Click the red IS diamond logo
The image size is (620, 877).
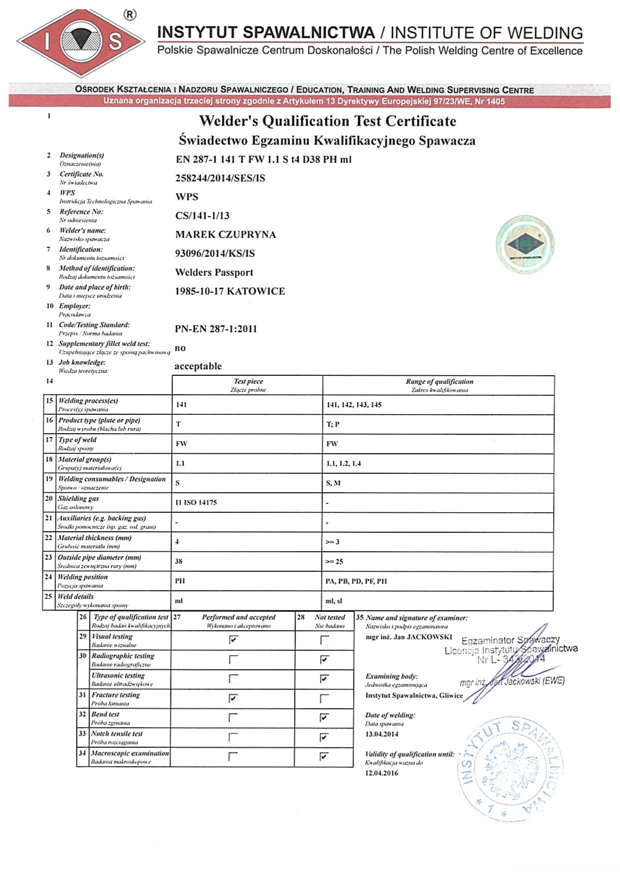[80, 42]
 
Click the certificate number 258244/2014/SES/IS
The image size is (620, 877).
[220, 178]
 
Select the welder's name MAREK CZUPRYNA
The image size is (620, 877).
[225, 234]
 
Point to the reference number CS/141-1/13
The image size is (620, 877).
[202, 216]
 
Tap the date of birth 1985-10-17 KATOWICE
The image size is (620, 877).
[229, 291]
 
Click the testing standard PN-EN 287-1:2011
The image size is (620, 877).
[215, 329]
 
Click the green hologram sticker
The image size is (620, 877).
[524, 244]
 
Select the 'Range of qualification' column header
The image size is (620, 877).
[439, 385]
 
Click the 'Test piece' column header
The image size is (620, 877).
[248, 385]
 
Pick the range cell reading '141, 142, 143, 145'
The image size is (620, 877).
[354, 405]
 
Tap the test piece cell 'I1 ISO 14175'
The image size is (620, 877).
[196, 503]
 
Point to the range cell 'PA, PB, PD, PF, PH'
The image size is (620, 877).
[356, 581]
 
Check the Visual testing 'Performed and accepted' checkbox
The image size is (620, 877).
[233, 640]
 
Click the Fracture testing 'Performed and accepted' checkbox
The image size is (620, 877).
[233, 698]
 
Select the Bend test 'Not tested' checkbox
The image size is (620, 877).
[324, 718]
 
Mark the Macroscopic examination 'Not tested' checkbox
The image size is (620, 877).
[324, 757]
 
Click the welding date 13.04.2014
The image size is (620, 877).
[382, 734]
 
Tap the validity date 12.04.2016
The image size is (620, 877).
[382, 773]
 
